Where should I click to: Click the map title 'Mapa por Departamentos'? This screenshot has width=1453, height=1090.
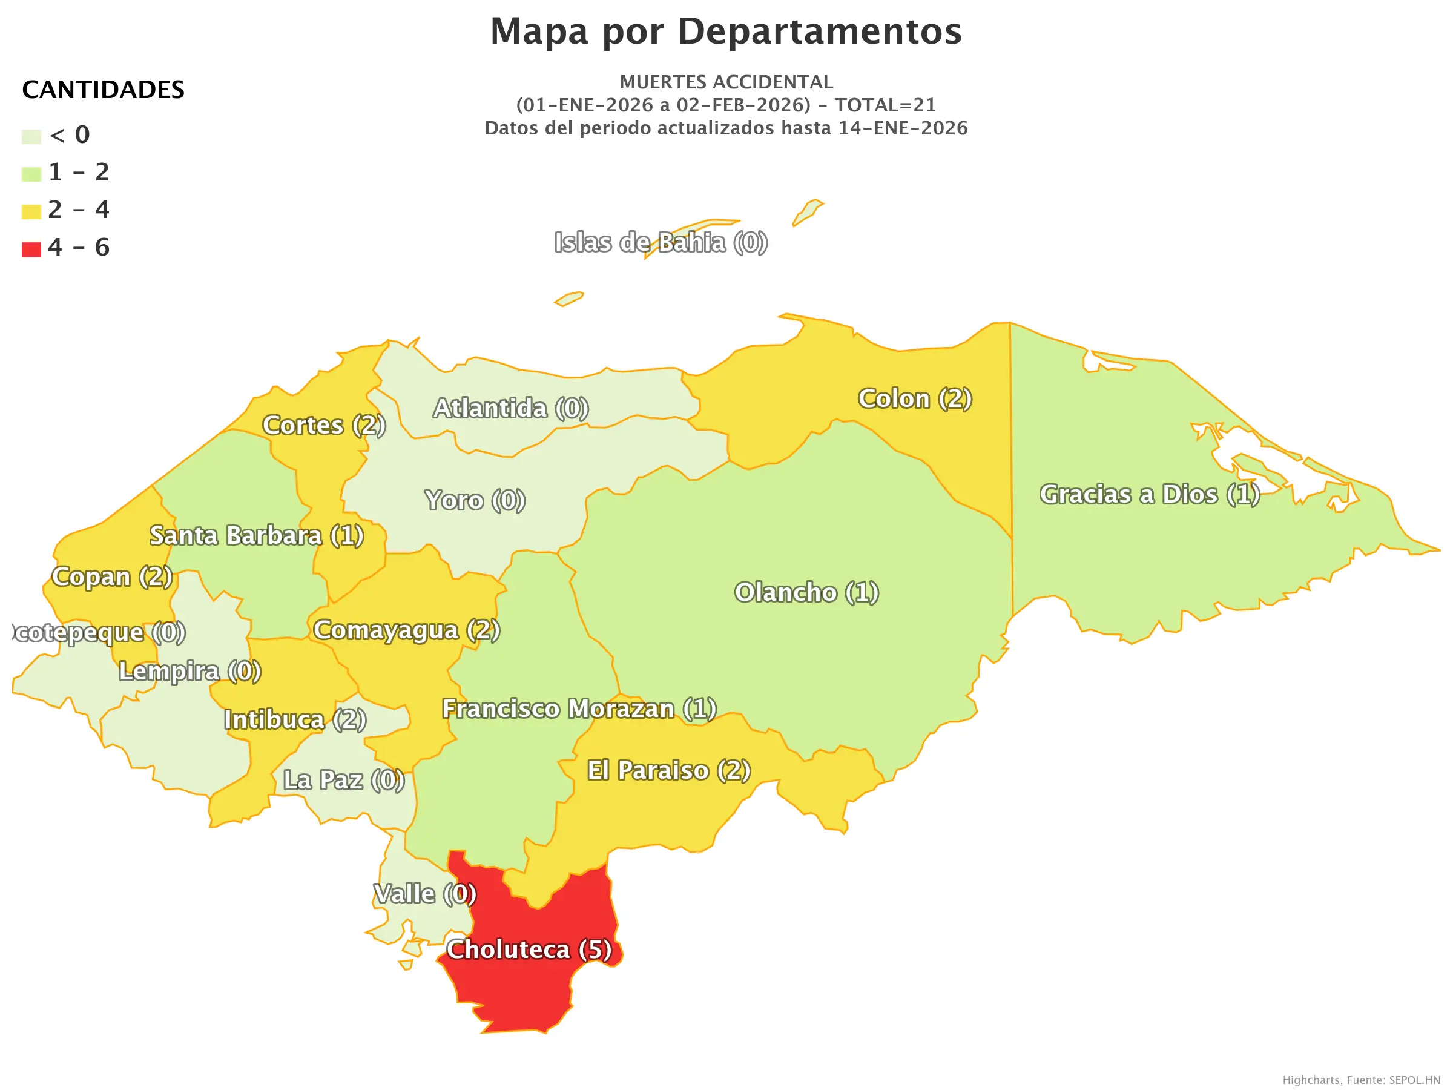[x=726, y=31]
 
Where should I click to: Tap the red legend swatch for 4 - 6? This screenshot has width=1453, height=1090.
[x=31, y=249]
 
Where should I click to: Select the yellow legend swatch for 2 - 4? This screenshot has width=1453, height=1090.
[x=31, y=211]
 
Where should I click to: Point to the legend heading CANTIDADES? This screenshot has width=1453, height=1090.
[x=103, y=90]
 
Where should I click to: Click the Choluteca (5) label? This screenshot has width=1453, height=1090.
[x=529, y=950]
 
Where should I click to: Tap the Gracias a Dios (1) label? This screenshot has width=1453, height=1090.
[x=1150, y=494]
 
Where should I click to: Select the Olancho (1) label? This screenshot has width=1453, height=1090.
[x=806, y=592]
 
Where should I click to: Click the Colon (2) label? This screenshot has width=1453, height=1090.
[x=915, y=398]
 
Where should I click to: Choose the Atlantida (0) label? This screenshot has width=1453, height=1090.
[x=510, y=408]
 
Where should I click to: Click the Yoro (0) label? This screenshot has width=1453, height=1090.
[x=475, y=500]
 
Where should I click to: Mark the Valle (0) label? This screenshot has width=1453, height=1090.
[x=425, y=894]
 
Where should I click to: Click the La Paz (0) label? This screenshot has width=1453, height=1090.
[x=343, y=780]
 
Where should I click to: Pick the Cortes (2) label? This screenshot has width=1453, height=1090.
[x=324, y=425]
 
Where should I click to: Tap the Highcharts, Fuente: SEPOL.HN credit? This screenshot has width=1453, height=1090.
[x=1361, y=1080]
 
